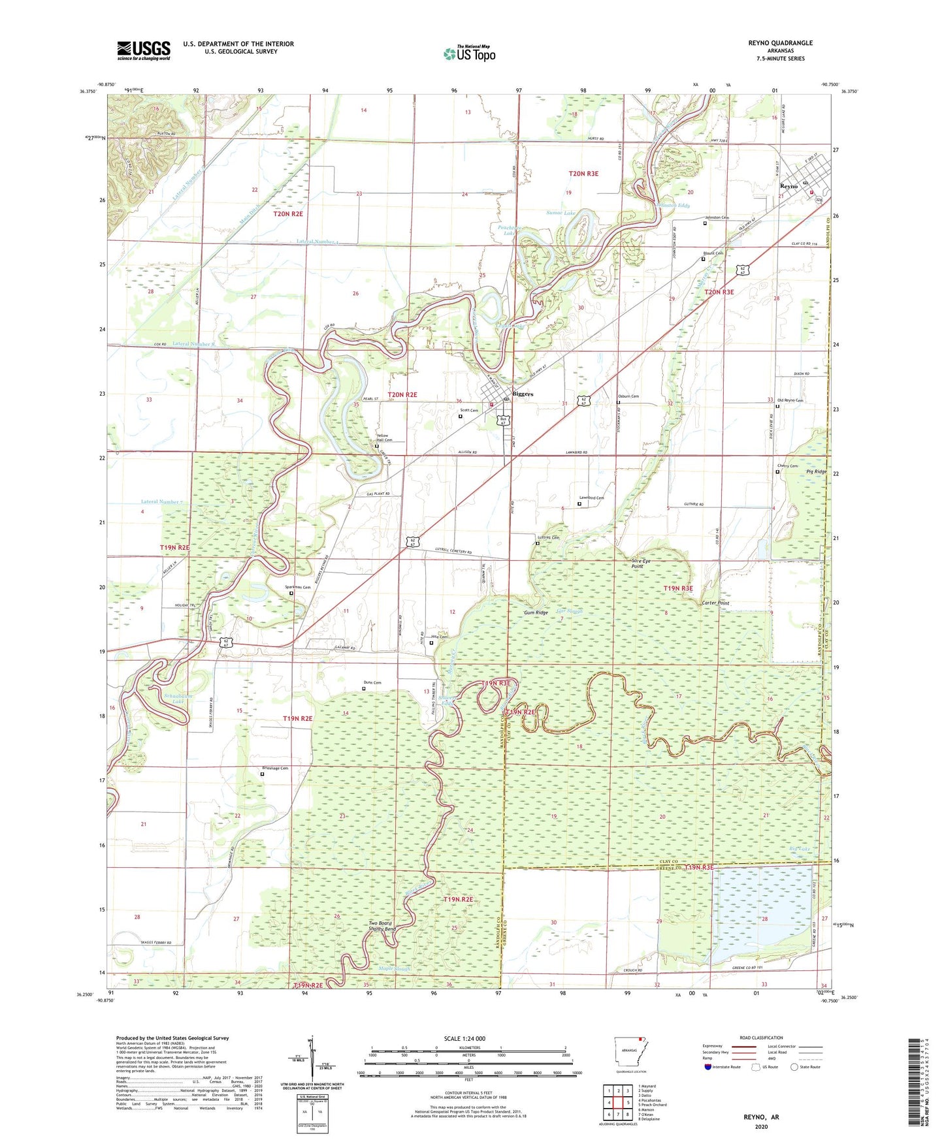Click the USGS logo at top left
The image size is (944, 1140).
coord(144,50)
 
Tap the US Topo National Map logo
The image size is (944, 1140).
coord(469,54)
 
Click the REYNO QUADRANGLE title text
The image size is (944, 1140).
coord(780,43)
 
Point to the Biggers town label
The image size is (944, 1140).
coord(523,394)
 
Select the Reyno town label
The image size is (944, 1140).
coord(789,186)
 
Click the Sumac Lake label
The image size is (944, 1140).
coord(561,213)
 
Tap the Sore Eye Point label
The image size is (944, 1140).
coord(641,563)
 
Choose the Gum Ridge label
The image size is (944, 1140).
coord(536,612)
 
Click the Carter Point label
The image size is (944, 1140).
coord(715,603)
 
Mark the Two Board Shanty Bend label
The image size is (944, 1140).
coord(382,926)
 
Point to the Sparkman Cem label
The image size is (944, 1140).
coord(297,587)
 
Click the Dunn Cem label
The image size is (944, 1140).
coord(372,682)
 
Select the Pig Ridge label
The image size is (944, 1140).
coord(816,471)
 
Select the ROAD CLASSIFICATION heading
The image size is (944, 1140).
coord(761,1037)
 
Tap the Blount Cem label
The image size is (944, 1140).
coord(713,253)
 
